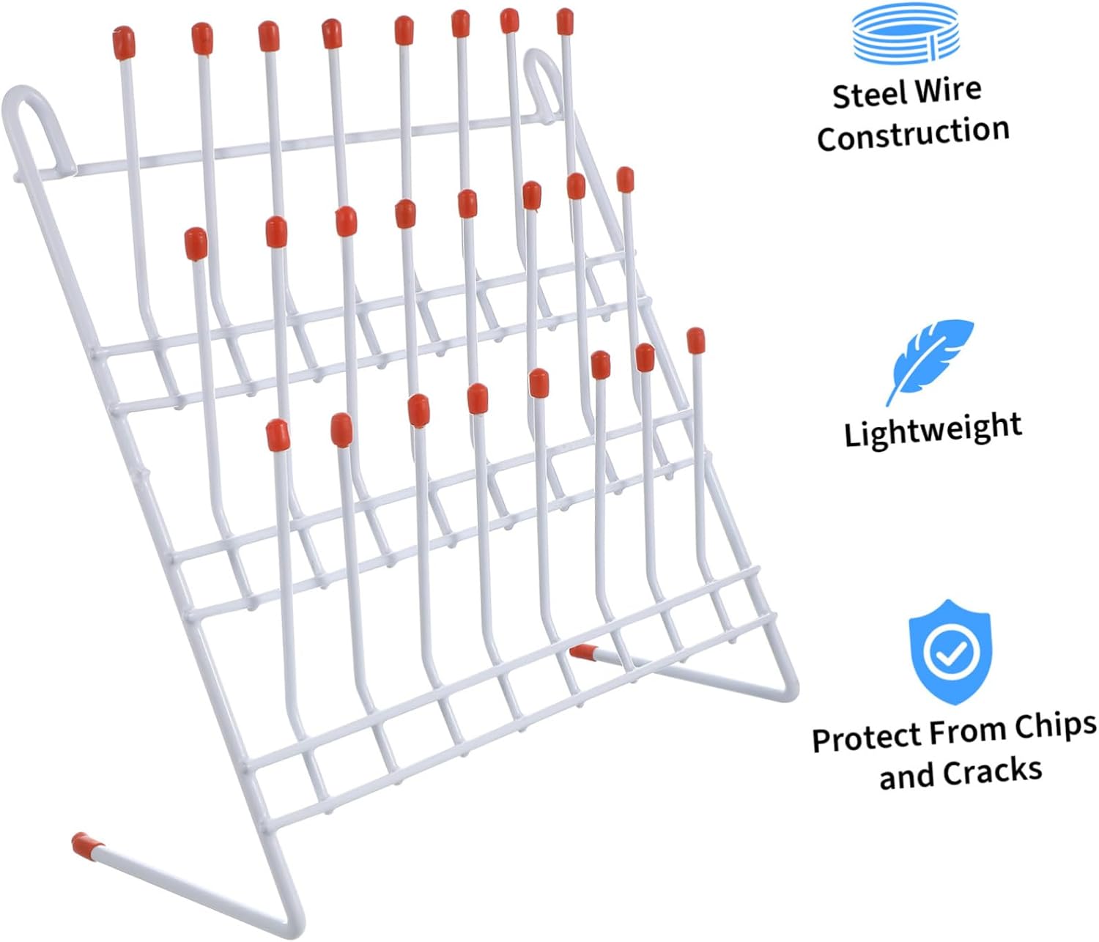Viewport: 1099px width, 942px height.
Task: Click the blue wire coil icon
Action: click(x=906, y=32)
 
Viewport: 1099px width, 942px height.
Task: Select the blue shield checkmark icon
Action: click(x=950, y=652)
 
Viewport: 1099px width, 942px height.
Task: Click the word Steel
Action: click(x=865, y=95)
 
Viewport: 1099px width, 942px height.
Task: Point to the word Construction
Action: click(x=913, y=135)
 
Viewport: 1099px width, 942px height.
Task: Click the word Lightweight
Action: click(x=933, y=429)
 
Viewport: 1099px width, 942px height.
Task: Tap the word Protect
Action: click(x=867, y=738)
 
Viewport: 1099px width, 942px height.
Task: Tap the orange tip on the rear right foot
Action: click(x=583, y=650)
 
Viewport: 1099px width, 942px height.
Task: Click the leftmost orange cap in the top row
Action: click(x=123, y=42)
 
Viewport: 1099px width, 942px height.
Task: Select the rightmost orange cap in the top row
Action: click(x=565, y=22)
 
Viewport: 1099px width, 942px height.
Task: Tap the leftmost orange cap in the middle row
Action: click(x=196, y=243)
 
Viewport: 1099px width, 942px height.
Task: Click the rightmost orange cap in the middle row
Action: click(x=625, y=179)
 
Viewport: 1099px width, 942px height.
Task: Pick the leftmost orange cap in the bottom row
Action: click(x=278, y=435)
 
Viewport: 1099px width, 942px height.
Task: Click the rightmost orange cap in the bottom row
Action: click(x=695, y=341)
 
